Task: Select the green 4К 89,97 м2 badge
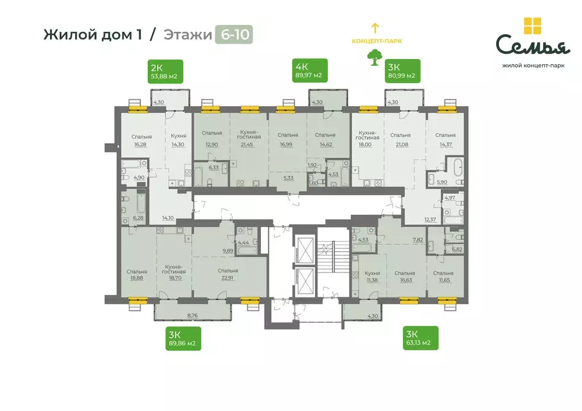click(x=308, y=71)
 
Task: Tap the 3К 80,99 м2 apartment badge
click(x=402, y=71)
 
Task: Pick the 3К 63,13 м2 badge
click(x=421, y=338)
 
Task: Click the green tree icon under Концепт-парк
click(x=375, y=57)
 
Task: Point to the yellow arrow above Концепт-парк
click(x=375, y=27)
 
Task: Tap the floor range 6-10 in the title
click(x=234, y=35)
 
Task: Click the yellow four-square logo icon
click(x=532, y=26)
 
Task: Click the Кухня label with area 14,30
click(x=178, y=136)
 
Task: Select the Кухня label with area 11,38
click(x=372, y=273)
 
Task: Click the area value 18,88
click(x=137, y=279)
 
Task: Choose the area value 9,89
click(x=228, y=250)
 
